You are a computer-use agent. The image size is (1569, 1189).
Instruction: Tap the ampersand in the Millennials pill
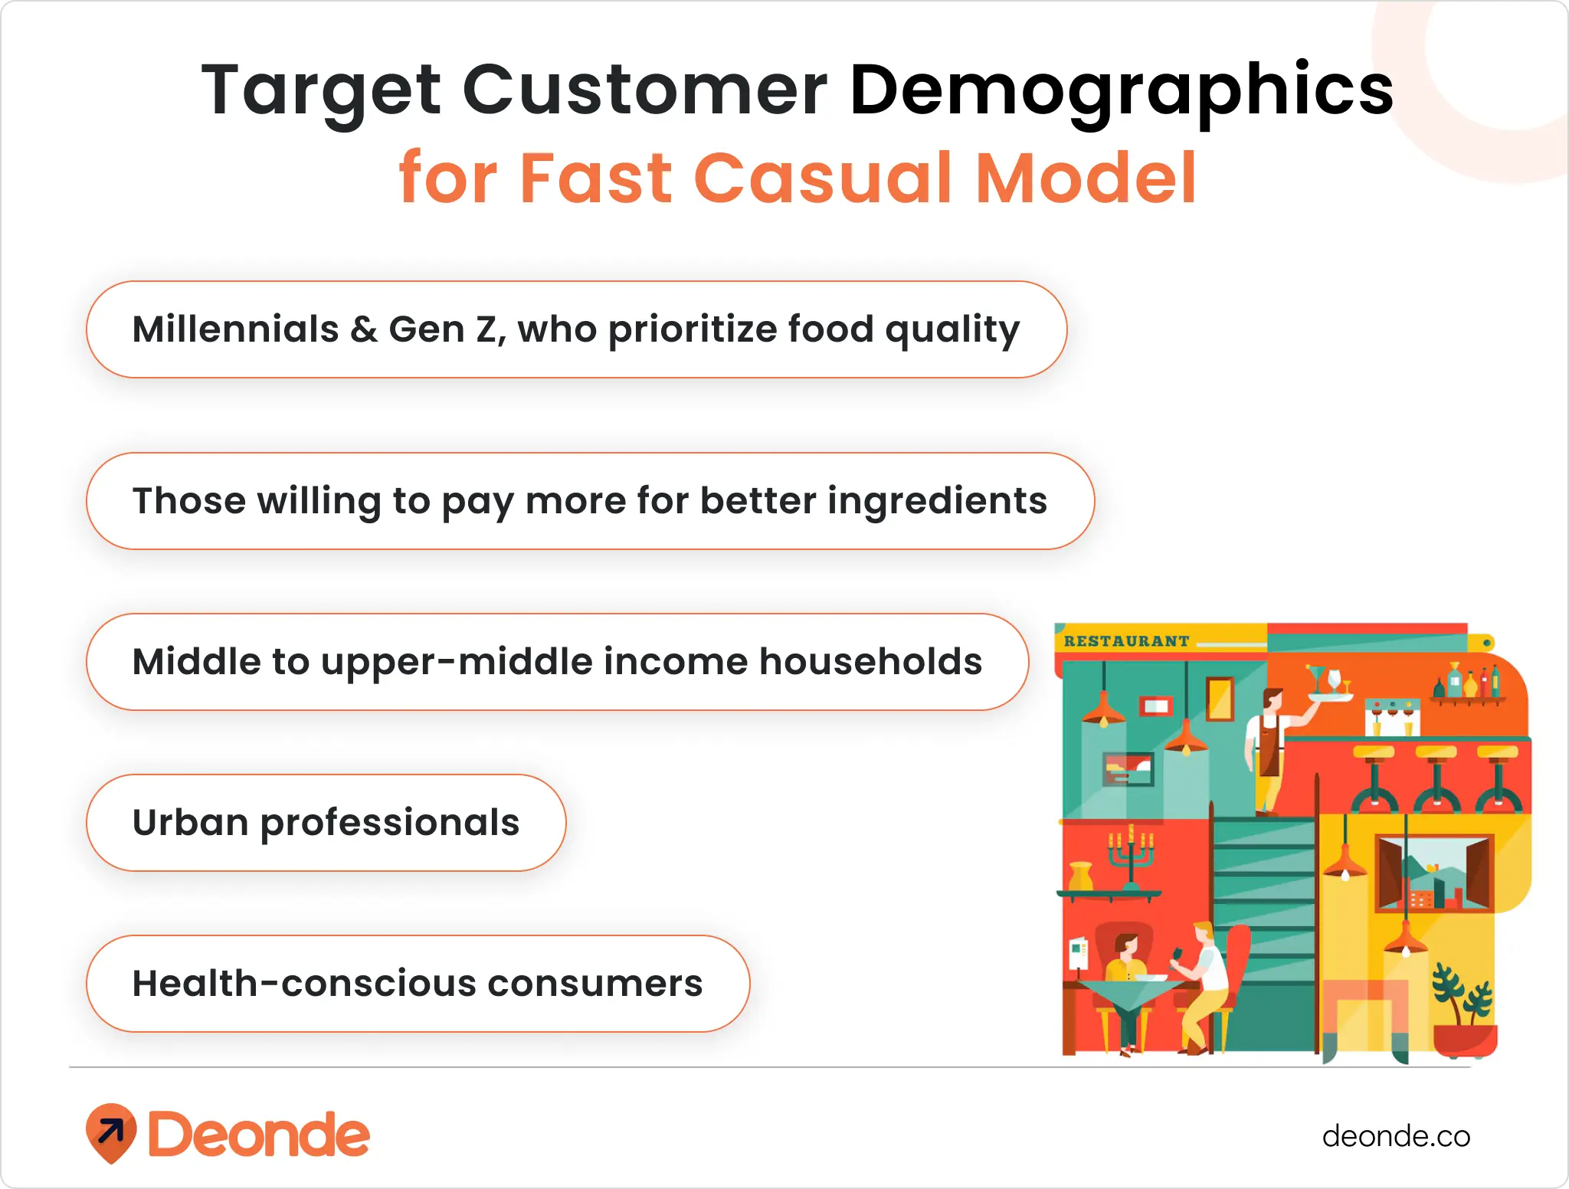coord(363,330)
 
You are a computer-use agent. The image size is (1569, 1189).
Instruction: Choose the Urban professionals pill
coord(326,823)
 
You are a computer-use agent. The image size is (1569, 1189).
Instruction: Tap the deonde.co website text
coord(1395,1136)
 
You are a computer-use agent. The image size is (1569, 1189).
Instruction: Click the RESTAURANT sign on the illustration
coord(1126,641)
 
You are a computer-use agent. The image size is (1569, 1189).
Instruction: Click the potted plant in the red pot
coord(1464,1011)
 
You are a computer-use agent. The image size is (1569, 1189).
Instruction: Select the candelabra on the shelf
coord(1131,858)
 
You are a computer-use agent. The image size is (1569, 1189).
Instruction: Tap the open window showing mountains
coord(1433,873)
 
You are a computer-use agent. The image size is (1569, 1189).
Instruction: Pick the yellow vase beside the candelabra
coord(1080,876)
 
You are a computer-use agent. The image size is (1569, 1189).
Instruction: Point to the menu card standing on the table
coord(1079,954)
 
